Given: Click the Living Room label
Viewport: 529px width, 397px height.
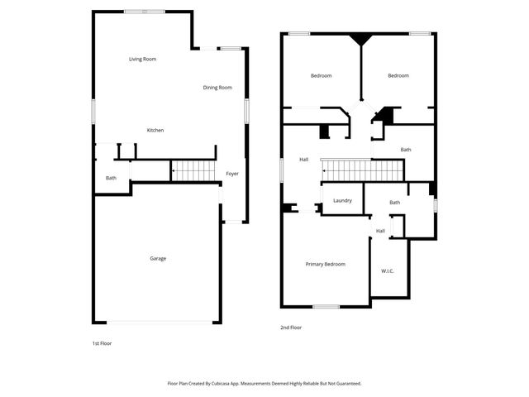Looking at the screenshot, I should tap(143, 59).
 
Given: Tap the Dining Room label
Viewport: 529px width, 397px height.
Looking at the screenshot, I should tap(217, 88).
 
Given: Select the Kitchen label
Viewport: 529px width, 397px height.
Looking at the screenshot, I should tap(155, 131).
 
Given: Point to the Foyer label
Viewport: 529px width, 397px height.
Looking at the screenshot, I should tap(232, 174).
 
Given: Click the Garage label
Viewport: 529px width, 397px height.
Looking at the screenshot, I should tap(158, 259).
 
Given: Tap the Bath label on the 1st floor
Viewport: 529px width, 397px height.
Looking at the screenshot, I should tap(111, 178).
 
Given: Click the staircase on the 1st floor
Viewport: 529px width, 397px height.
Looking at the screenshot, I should tap(193, 171).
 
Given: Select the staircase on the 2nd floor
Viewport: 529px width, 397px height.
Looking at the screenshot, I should tap(362, 171).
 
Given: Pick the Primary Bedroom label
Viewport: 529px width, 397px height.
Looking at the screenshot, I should tap(325, 264).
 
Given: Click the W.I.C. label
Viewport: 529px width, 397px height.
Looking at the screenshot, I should tap(388, 271).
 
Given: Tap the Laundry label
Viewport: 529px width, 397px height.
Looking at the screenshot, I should tap(343, 201).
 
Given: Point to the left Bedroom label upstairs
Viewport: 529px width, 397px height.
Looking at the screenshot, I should tap(321, 76).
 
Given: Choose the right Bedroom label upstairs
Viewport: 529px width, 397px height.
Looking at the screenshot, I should tap(398, 76).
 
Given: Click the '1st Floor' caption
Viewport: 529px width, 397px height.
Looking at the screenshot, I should tap(102, 342).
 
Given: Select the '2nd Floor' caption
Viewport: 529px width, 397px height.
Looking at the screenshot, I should tap(291, 328).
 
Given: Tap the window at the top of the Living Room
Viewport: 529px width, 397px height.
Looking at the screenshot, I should tap(142, 11).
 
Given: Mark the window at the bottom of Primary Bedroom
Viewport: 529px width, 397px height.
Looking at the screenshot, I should tap(326, 306).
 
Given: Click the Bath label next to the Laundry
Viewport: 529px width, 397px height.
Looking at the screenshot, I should tap(395, 203).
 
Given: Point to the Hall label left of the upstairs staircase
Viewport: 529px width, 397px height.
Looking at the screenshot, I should tap(303, 159).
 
